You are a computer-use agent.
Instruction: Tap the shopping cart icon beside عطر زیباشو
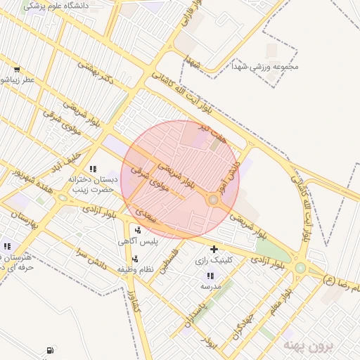tap(16, 70)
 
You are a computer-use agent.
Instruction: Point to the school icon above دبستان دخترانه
tap(93, 169)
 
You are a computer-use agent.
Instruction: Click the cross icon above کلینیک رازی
tap(214, 249)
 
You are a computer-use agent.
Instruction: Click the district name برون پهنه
tap(307, 345)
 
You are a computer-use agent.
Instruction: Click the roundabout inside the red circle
tap(212, 201)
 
